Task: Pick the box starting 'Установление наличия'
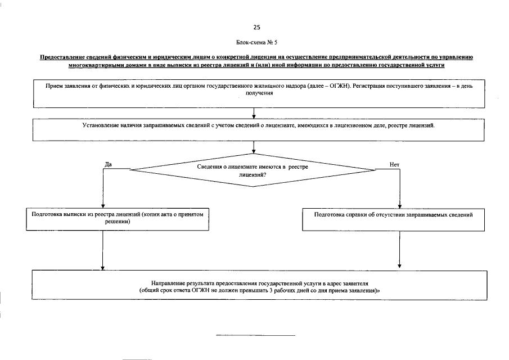[x=259, y=129]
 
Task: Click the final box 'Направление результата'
[x=259, y=286]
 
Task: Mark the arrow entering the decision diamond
[x=255, y=147]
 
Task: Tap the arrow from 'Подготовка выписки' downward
[x=103, y=250]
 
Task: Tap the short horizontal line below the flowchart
[x=256, y=335]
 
